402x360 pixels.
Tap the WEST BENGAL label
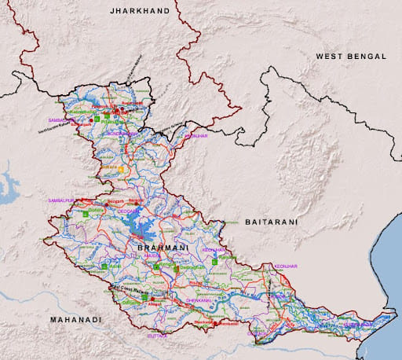[351, 57]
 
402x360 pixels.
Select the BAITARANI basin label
[271, 222]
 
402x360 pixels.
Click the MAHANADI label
[76, 320]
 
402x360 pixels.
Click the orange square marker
[122, 169]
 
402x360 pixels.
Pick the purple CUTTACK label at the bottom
[157, 336]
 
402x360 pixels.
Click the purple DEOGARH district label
[129, 211]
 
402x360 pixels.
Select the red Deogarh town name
[115, 201]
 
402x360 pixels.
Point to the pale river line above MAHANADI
[47, 297]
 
